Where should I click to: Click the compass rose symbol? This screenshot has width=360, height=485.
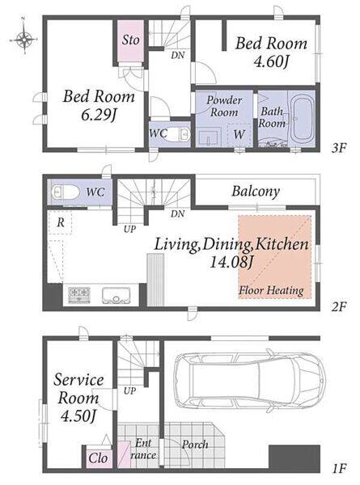pos(23,40)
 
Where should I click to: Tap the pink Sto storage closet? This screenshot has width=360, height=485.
pos(130,41)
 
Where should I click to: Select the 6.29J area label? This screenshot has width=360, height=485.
pos(99,116)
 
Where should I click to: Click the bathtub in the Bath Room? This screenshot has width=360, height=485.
pos(302,119)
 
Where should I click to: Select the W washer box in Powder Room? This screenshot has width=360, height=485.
pos(239,134)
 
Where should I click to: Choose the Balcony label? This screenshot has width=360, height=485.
pos(256,192)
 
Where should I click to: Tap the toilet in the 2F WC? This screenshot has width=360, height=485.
pos(64,192)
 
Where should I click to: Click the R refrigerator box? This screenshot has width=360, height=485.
pos(60,222)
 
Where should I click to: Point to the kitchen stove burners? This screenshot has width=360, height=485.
pos(79,294)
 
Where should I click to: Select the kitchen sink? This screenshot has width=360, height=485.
pos(116,295)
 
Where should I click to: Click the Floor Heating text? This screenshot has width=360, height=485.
pos(271,291)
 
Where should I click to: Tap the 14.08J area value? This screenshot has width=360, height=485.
pos(231,263)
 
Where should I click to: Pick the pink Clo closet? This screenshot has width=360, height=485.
pos(99,458)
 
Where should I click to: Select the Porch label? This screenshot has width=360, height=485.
pos(195,445)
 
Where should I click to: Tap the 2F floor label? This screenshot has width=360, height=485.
pos(338,306)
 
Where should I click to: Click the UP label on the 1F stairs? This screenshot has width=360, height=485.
pos(129,390)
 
